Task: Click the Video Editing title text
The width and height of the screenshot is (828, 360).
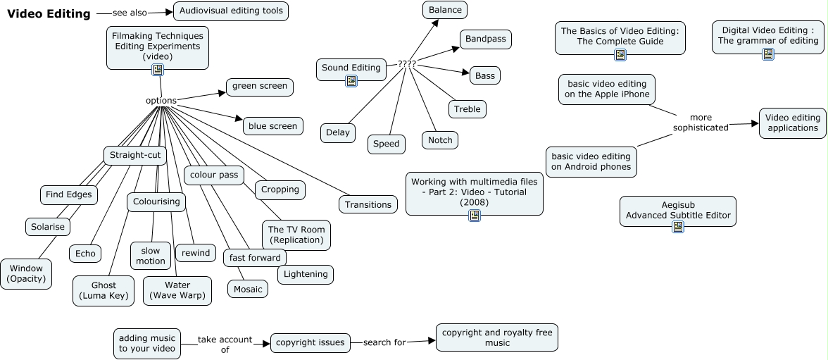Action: coord(49,13)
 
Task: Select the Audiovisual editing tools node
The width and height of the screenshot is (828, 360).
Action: coord(231,11)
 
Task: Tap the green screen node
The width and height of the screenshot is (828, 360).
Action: coord(259,87)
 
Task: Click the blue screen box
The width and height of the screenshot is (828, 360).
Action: coord(272,126)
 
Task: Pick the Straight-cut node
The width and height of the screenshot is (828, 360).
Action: coord(135,155)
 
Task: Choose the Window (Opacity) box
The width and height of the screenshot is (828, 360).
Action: coord(26,273)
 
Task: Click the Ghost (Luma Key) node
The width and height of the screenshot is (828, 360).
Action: coord(103,290)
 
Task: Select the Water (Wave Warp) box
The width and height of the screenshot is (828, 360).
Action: coord(177,290)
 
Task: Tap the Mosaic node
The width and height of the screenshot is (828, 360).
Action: coord(247,289)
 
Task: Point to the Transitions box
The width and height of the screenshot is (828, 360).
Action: coord(368,204)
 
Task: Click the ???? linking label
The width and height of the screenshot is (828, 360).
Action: coord(406,64)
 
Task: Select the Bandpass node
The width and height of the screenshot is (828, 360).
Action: coord(485,39)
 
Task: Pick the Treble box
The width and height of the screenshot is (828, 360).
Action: coord(467,109)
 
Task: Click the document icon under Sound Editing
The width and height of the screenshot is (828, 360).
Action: coord(351,81)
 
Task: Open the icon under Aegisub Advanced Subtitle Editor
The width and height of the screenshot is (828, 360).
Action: coord(677,226)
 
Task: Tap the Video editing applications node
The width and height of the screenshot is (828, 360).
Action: coord(792,123)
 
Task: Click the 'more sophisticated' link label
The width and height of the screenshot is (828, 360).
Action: coord(701,123)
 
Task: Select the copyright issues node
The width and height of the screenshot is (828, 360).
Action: coord(310,343)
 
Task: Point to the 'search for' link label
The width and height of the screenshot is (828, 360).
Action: coord(384,343)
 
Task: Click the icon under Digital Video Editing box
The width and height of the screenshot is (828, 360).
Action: coord(767,54)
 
